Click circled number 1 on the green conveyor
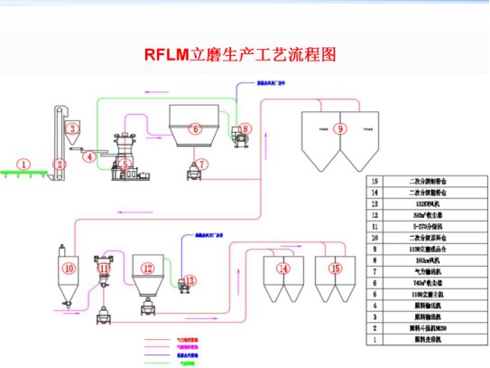[x=24, y=165]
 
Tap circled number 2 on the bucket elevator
[x=60, y=165]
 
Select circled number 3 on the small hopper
[x=71, y=129]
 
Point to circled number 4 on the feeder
[x=89, y=157]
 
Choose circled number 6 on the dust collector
[x=193, y=128]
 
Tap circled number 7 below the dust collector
[x=202, y=165]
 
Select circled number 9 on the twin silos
[x=339, y=129]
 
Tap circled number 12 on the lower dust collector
[x=148, y=269]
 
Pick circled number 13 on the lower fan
[x=190, y=281]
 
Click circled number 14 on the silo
[x=282, y=269]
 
